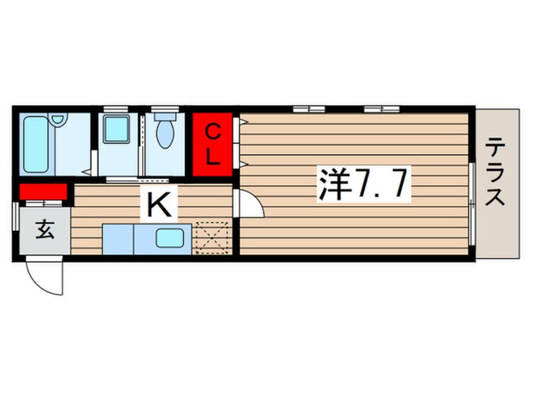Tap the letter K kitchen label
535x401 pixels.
pos(159,204)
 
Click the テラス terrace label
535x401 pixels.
pos(497,174)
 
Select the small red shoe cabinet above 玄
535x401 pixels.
pos(43,191)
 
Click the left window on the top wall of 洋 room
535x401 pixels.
pos(309,109)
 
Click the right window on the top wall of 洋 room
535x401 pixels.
pos(381,109)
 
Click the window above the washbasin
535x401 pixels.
pos(116,109)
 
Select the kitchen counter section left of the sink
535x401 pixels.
pos(118,239)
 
